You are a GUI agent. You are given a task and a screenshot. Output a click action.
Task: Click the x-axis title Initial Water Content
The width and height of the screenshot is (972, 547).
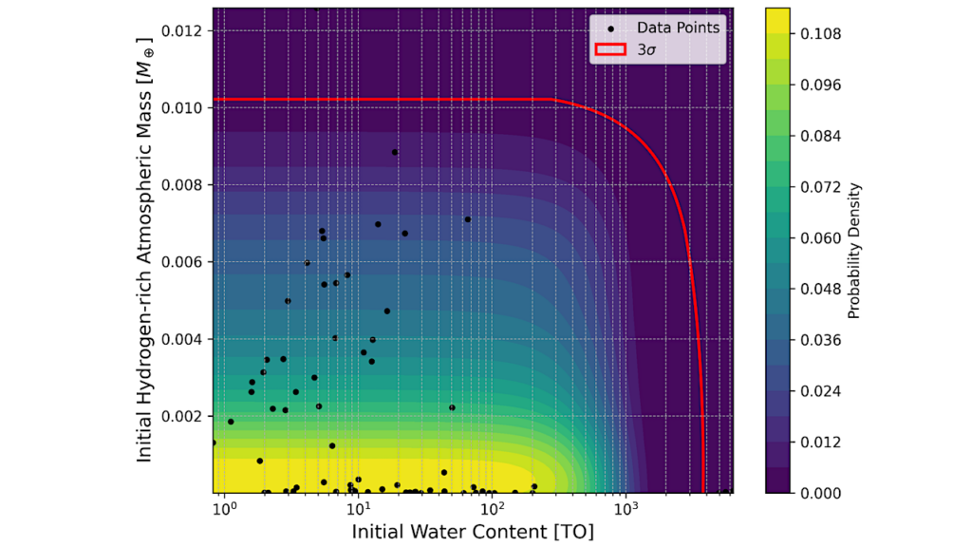coord(473,531)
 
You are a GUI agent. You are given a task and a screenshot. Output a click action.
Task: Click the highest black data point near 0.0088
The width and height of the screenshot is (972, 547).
coord(395,152)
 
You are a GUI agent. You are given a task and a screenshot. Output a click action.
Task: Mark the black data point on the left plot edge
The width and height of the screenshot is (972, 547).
coord(214,443)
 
